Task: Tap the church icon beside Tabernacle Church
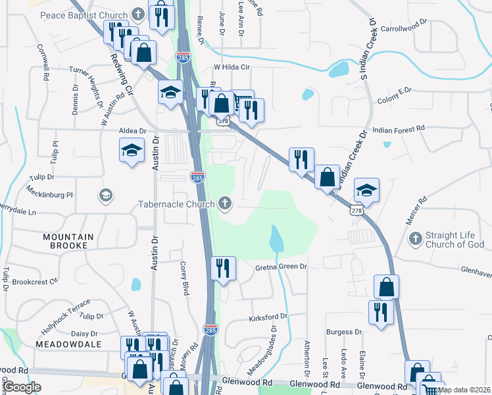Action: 226,203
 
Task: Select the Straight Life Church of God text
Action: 455,240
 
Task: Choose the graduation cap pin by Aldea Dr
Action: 132,151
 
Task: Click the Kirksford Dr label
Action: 268,317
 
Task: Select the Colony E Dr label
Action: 394,100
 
